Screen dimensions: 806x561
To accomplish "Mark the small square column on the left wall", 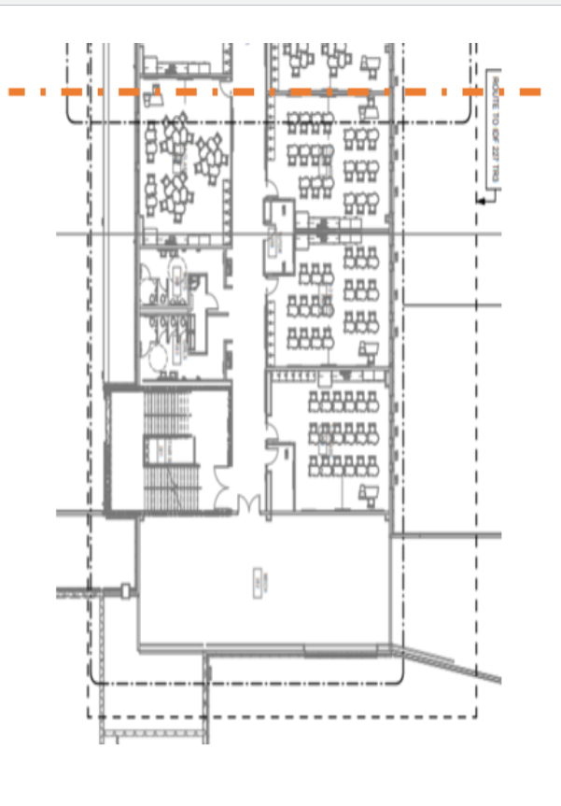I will (124, 589).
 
